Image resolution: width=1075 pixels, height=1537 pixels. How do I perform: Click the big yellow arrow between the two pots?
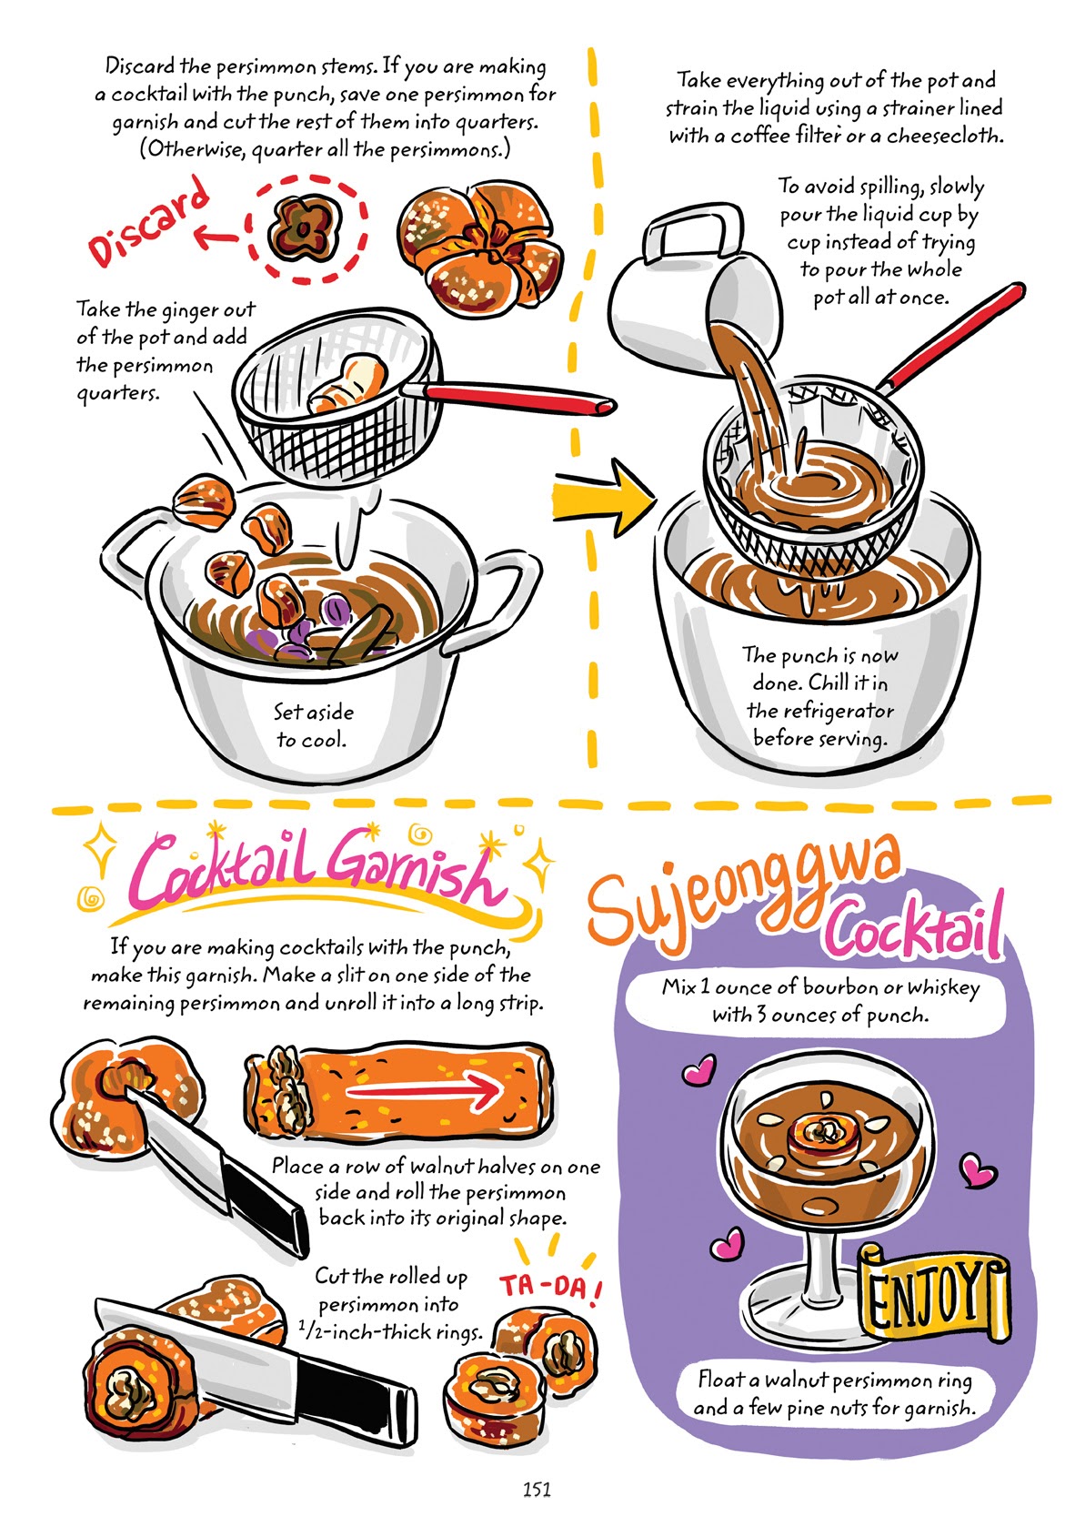coord(603,497)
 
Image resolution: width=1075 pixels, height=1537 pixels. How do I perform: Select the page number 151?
coord(537,1489)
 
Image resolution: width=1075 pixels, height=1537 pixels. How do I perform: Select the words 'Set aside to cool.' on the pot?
coord(313,724)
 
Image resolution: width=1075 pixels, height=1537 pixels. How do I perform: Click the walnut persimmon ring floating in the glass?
coord(826,1133)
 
